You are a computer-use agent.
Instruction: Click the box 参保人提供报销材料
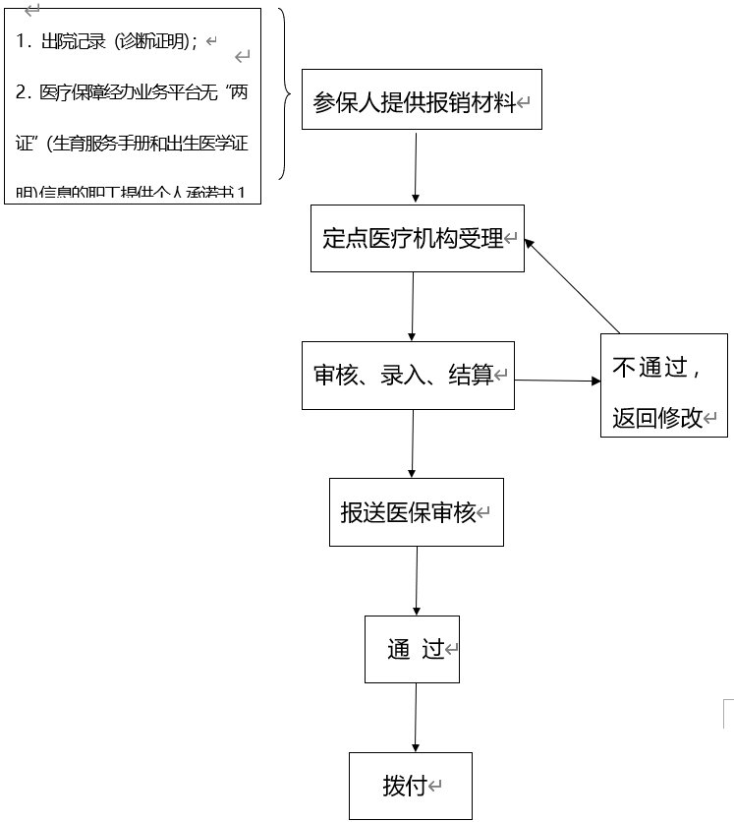coord(422,102)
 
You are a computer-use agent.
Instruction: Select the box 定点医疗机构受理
coord(418,238)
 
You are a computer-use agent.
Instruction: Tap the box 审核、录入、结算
coord(408,375)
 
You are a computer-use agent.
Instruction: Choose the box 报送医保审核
coord(416,511)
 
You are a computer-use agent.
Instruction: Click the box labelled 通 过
coord(412,649)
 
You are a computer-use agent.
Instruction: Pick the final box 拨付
coord(410,786)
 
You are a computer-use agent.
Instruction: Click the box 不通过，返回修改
coord(663,385)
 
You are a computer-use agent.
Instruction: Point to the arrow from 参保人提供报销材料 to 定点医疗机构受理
coord(417,167)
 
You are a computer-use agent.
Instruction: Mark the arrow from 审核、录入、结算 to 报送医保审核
coord(413,443)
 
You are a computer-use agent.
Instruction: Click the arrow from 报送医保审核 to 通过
coord(417,580)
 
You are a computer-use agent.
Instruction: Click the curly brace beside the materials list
coord(284,95)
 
